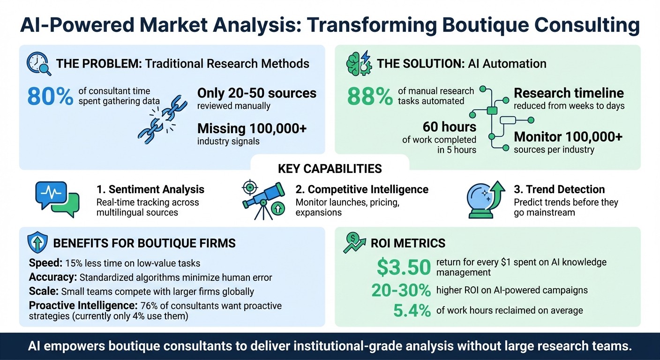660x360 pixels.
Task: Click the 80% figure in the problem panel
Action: [x=50, y=96]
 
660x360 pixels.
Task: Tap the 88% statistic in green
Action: [x=370, y=96]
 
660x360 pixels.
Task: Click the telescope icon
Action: [x=263, y=201]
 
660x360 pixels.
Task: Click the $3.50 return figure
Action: [x=404, y=267]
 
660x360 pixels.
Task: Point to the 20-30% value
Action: [x=401, y=291]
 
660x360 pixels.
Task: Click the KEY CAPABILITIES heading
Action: [x=330, y=169]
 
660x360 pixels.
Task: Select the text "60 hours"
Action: [x=449, y=127]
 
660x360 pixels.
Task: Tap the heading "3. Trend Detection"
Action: [x=559, y=189]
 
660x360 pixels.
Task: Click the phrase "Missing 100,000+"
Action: [x=252, y=128]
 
